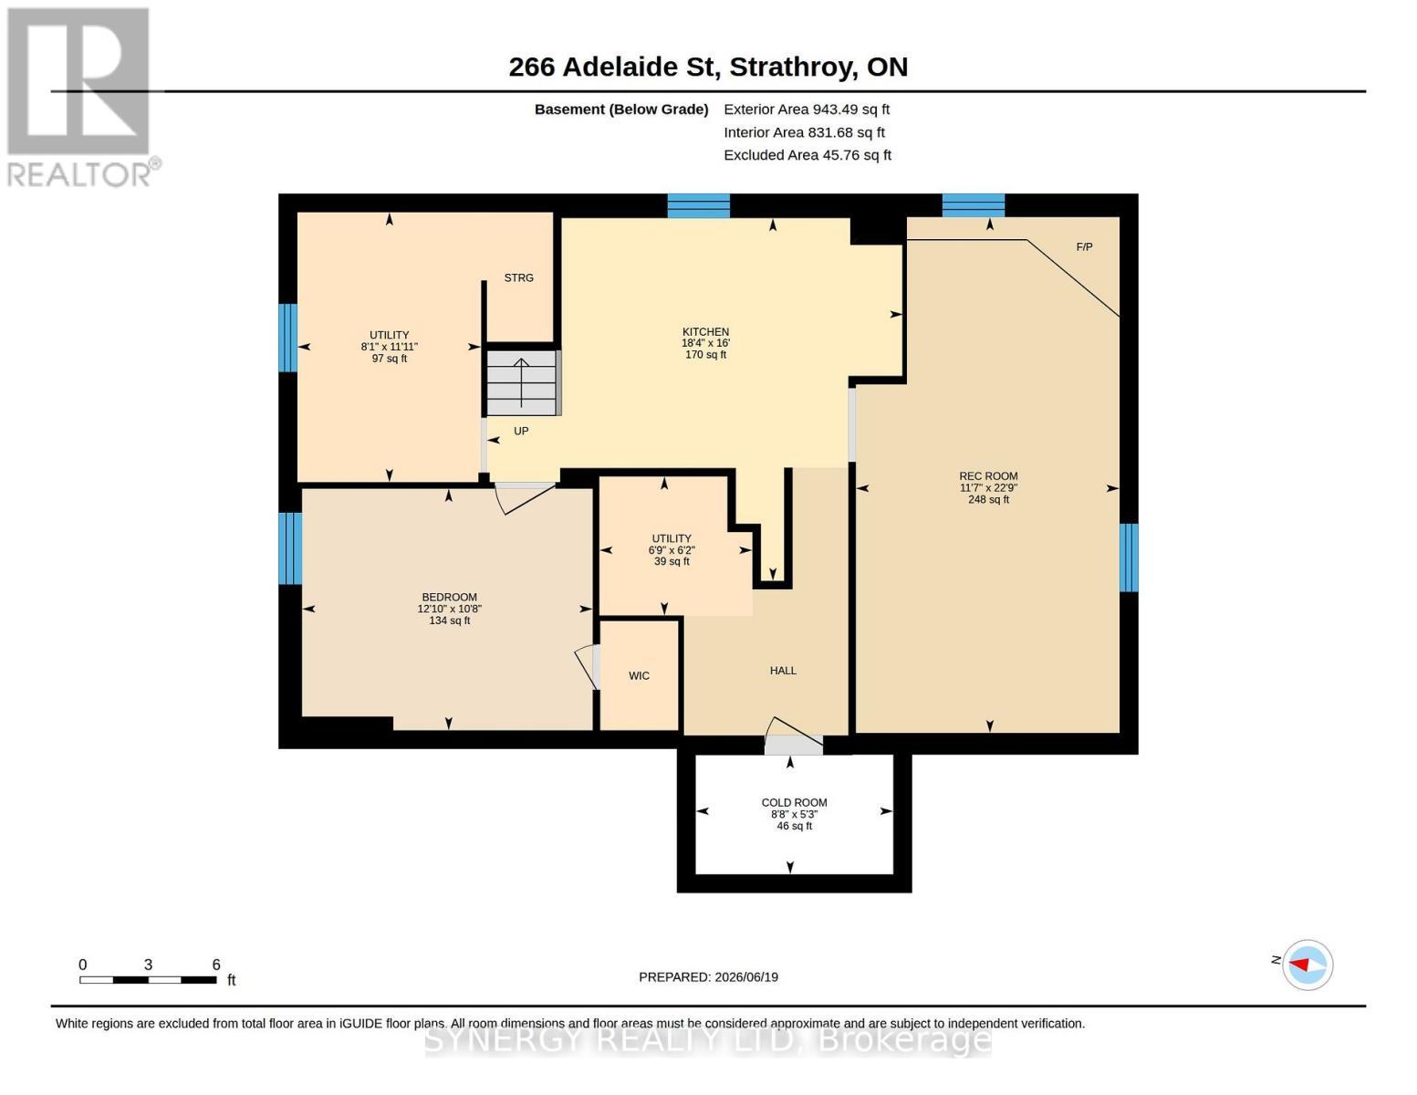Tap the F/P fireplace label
point(1084,247)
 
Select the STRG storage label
point(518,277)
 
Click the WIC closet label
point(639,675)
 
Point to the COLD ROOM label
point(794,803)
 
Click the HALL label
point(783,671)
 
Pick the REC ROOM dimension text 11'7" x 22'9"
point(988,488)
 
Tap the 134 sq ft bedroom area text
point(449,620)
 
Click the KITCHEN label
point(705,332)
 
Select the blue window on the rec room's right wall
point(1129,558)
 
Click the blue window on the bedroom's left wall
point(290,548)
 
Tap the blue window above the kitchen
point(698,206)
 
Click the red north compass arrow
point(1299,965)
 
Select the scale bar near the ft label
point(148,980)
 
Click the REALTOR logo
point(82,98)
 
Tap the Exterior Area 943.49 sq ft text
point(807,109)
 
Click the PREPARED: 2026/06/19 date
point(708,977)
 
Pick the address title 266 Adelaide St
point(614,68)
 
